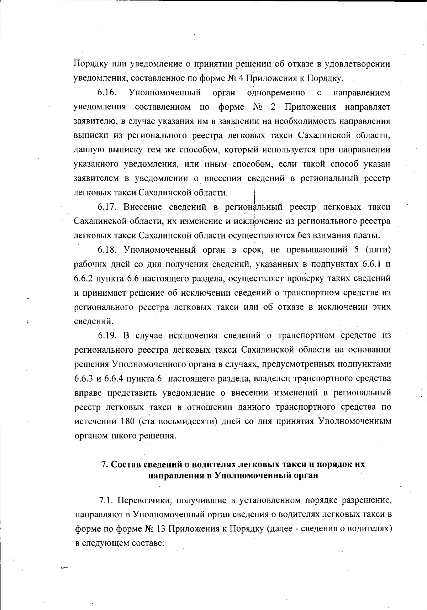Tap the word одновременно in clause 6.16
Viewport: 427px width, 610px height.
click(x=276, y=93)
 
